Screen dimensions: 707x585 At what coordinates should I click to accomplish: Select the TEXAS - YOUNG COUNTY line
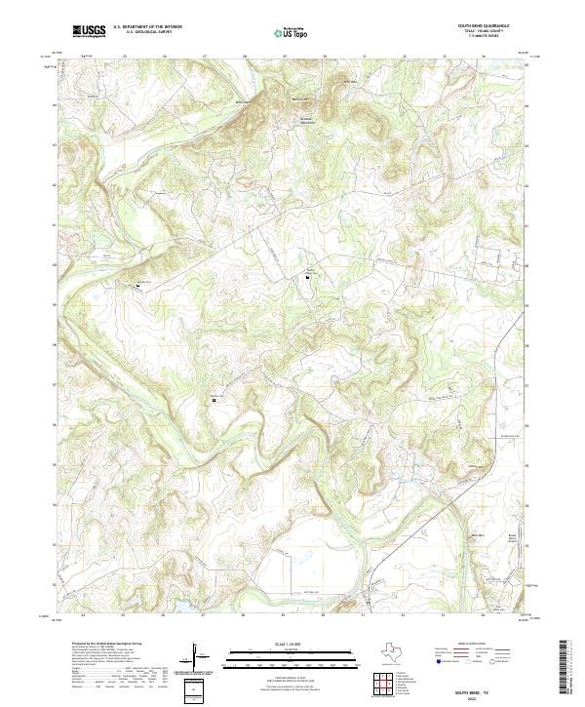pyautogui.click(x=495, y=32)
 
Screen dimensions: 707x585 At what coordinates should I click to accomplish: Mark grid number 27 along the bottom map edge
pyautogui.click(x=202, y=616)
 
